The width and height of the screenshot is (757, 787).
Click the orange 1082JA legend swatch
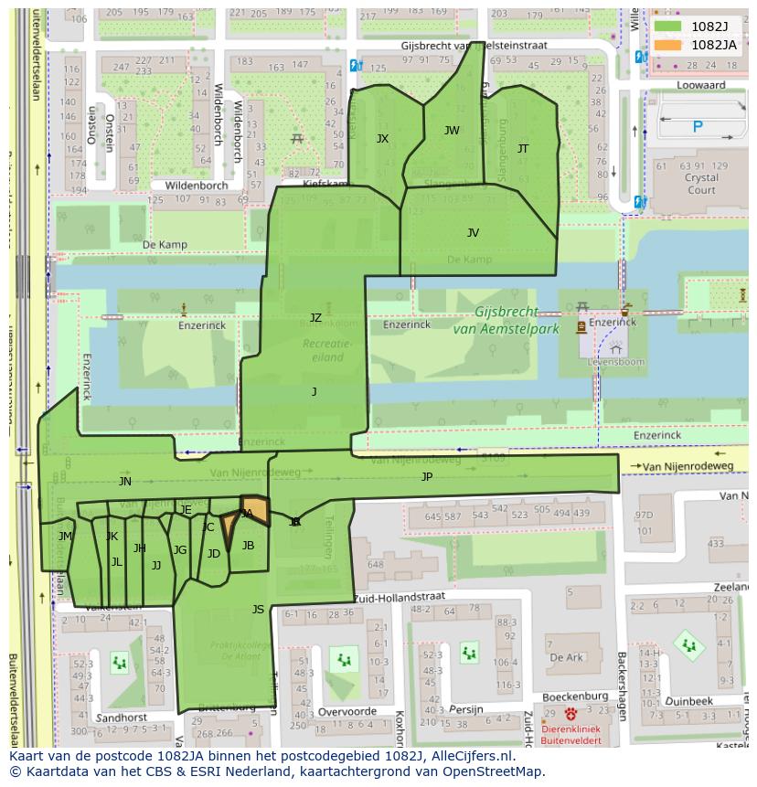click(668, 45)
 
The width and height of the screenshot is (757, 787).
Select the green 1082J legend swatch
click(668, 27)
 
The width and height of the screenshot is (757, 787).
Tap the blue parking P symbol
click(698, 127)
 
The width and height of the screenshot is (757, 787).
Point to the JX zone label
click(382, 139)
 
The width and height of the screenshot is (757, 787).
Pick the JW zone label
click(452, 131)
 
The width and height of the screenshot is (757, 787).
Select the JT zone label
click(523, 148)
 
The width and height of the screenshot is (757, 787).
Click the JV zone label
click(473, 233)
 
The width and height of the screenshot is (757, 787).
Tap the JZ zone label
click(315, 318)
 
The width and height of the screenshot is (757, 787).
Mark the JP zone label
click(427, 477)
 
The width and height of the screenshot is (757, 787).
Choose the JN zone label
click(125, 482)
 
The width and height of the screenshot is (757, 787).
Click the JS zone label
click(258, 610)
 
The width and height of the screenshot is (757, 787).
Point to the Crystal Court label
click(701, 184)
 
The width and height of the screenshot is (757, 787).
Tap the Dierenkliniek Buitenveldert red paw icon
click(571, 715)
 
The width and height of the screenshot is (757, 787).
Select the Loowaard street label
click(701, 85)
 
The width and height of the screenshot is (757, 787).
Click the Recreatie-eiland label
click(326, 349)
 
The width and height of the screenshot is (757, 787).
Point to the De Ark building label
click(566, 657)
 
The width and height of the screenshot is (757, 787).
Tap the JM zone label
click(65, 537)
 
